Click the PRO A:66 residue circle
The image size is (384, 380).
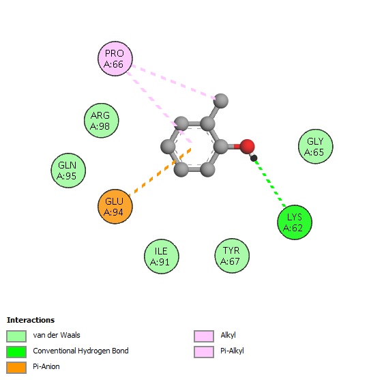click(115, 59)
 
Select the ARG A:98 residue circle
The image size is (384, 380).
click(101, 121)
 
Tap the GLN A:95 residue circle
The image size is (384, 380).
click(68, 171)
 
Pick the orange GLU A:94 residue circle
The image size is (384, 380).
click(115, 207)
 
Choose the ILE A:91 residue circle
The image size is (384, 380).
click(162, 257)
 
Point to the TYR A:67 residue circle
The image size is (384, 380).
click(232, 256)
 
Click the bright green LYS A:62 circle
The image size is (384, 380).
click(295, 222)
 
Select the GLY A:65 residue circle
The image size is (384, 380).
click(316, 147)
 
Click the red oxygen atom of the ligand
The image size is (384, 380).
click(247, 147)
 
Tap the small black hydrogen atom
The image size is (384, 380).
click(254, 158)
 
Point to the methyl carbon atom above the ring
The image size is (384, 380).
click(221, 101)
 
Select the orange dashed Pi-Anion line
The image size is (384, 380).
click(160, 172)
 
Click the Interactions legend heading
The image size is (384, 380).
click(31, 320)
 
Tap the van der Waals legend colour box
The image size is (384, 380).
click(16, 336)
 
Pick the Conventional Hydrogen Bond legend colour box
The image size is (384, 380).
click(16, 352)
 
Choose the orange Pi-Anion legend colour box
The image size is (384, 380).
click(16, 368)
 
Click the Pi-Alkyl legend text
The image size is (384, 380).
click(232, 351)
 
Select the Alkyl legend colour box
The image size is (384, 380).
click(204, 336)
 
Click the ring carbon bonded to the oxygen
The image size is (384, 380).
click(221, 147)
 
